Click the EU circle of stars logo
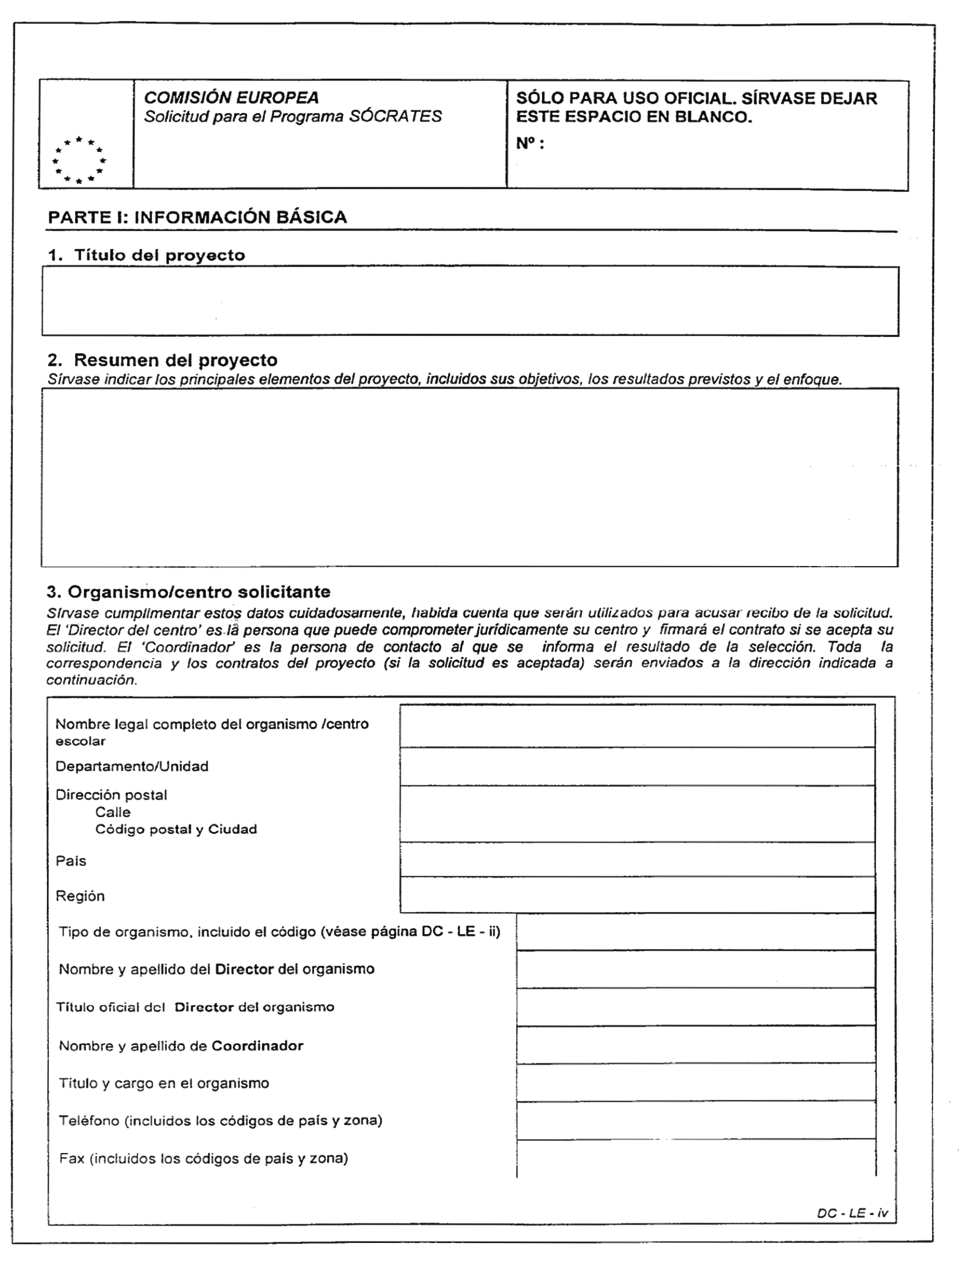(x=79, y=160)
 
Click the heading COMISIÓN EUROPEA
(x=231, y=97)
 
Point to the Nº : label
(x=530, y=144)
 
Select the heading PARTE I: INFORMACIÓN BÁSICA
(x=198, y=217)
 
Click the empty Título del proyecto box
(x=470, y=301)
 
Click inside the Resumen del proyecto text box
(x=470, y=477)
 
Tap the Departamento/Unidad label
(x=132, y=766)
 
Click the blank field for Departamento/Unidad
(x=637, y=766)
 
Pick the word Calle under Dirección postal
(x=113, y=812)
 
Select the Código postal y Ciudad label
(x=175, y=829)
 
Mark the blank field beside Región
(x=637, y=895)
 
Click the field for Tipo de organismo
(x=696, y=932)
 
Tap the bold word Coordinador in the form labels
(x=257, y=1046)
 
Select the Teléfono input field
(x=696, y=1120)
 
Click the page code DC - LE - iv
(x=852, y=1214)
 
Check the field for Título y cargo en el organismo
(x=696, y=1083)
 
